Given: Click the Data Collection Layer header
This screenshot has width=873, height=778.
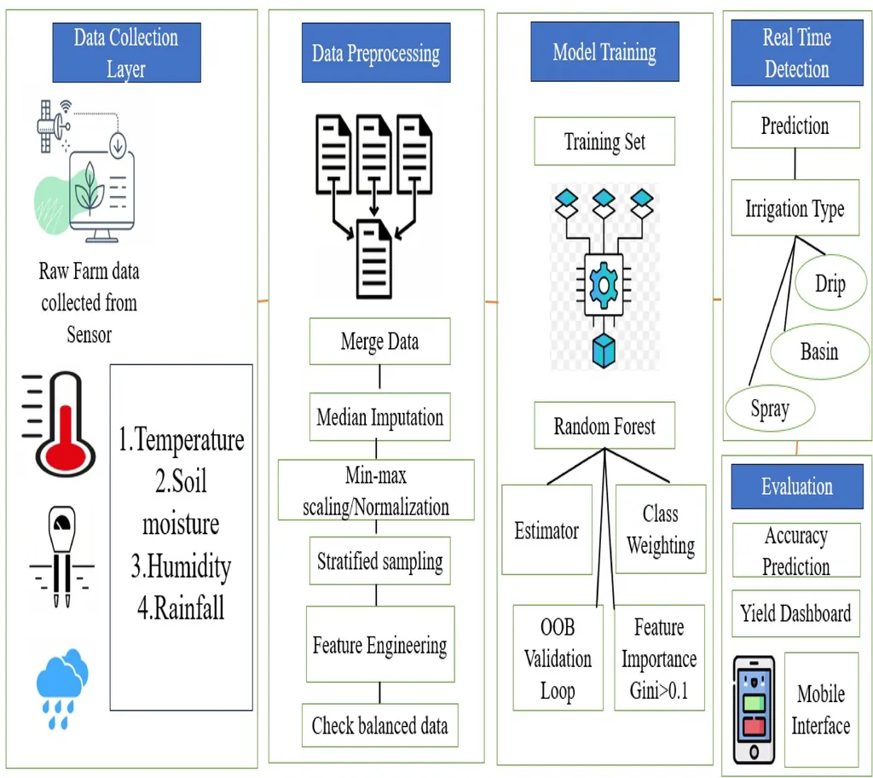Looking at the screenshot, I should (x=125, y=53).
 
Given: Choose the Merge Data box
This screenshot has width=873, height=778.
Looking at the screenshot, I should (x=379, y=342).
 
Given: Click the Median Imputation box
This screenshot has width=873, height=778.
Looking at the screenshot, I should (x=379, y=418).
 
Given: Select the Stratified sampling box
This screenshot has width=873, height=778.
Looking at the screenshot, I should (x=379, y=561).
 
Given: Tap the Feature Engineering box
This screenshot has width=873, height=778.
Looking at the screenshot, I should (x=379, y=645).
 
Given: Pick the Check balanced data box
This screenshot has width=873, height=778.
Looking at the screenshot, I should (x=379, y=726).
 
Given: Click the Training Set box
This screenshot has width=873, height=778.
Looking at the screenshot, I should (x=604, y=142).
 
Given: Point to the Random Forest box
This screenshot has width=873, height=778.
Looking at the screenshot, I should (x=604, y=426).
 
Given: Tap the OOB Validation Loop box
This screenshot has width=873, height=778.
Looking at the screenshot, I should (x=558, y=659).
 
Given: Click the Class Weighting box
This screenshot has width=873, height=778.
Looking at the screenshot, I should (x=661, y=530).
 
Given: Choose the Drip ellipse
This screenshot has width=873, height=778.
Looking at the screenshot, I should (x=830, y=283).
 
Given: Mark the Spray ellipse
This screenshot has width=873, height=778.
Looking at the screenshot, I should (x=770, y=409).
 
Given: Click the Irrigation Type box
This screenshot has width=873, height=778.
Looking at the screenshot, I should (x=795, y=209).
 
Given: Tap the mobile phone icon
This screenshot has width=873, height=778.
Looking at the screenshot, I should (x=754, y=710).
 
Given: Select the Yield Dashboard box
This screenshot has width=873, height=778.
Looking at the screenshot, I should (x=795, y=613).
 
